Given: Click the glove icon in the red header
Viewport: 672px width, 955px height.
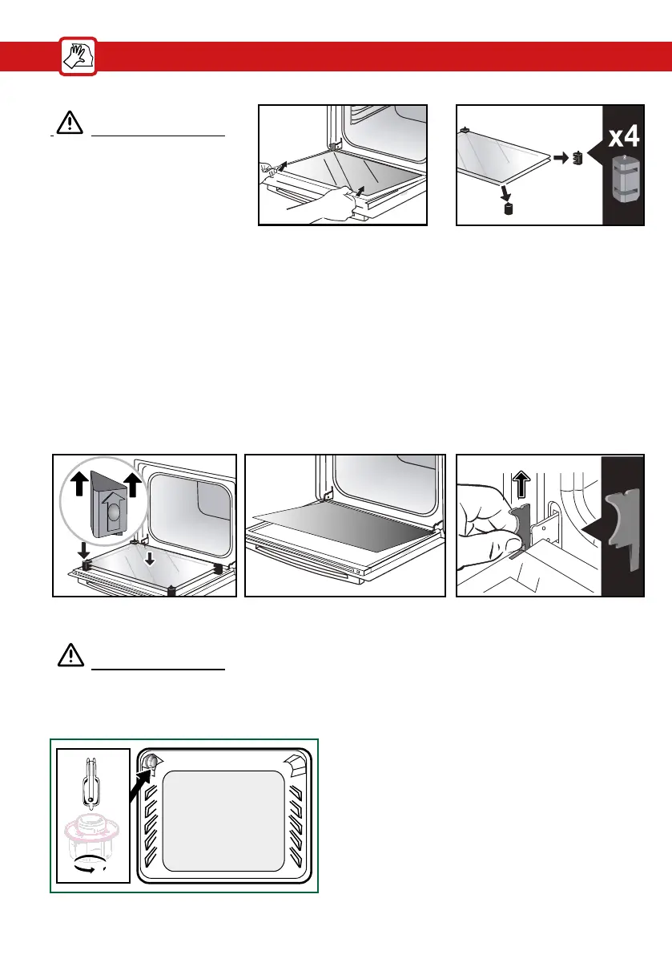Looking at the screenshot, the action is pyautogui.click(x=78, y=58).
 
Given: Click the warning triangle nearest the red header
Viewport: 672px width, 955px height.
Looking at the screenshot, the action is pyautogui.click(x=70, y=122).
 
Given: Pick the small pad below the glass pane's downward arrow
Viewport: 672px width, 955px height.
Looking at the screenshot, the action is pyautogui.click(x=506, y=210).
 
